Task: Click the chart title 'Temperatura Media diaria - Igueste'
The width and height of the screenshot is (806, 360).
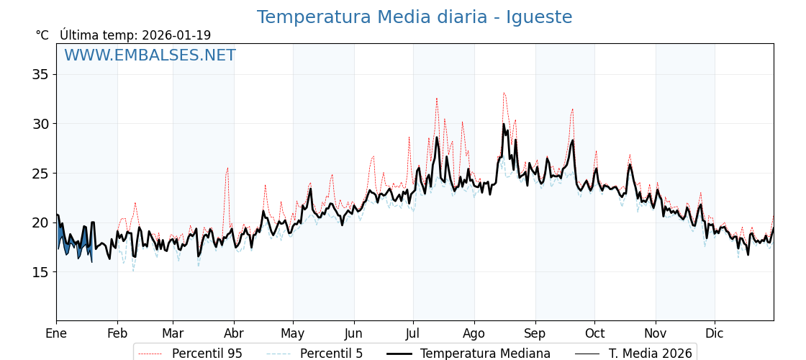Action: click(x=415, y=17)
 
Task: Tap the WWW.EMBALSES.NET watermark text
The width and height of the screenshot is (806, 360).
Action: click(x=150, y=55)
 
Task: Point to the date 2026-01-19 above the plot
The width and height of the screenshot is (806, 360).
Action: click(x=176, y=35)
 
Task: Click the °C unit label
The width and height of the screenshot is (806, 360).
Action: click(x=42, y=35)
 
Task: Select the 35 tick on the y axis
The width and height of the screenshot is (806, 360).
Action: click(x=40, y=74)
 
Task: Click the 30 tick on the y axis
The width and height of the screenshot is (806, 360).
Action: click(x=40, y=124)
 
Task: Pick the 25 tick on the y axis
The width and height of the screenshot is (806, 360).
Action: click(x=40, y=173)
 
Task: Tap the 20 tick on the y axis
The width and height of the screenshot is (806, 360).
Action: click(x=40, y=222)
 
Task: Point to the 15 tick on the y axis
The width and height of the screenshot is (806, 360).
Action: click(x=40, y=271)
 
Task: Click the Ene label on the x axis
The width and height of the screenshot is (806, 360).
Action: click(x=56, y=333)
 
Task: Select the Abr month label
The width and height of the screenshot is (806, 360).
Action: click(x=234, y=333)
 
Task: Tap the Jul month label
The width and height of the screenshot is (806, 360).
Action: click(x=413, y=333)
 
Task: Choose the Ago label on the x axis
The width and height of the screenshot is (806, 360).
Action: click(x=474, y=333)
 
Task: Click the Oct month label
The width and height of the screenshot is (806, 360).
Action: click(x=594, y=333)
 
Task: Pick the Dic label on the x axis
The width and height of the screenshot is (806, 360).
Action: click(x=715, y=333)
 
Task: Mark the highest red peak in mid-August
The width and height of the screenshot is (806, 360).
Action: click(x=504, y=92)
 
